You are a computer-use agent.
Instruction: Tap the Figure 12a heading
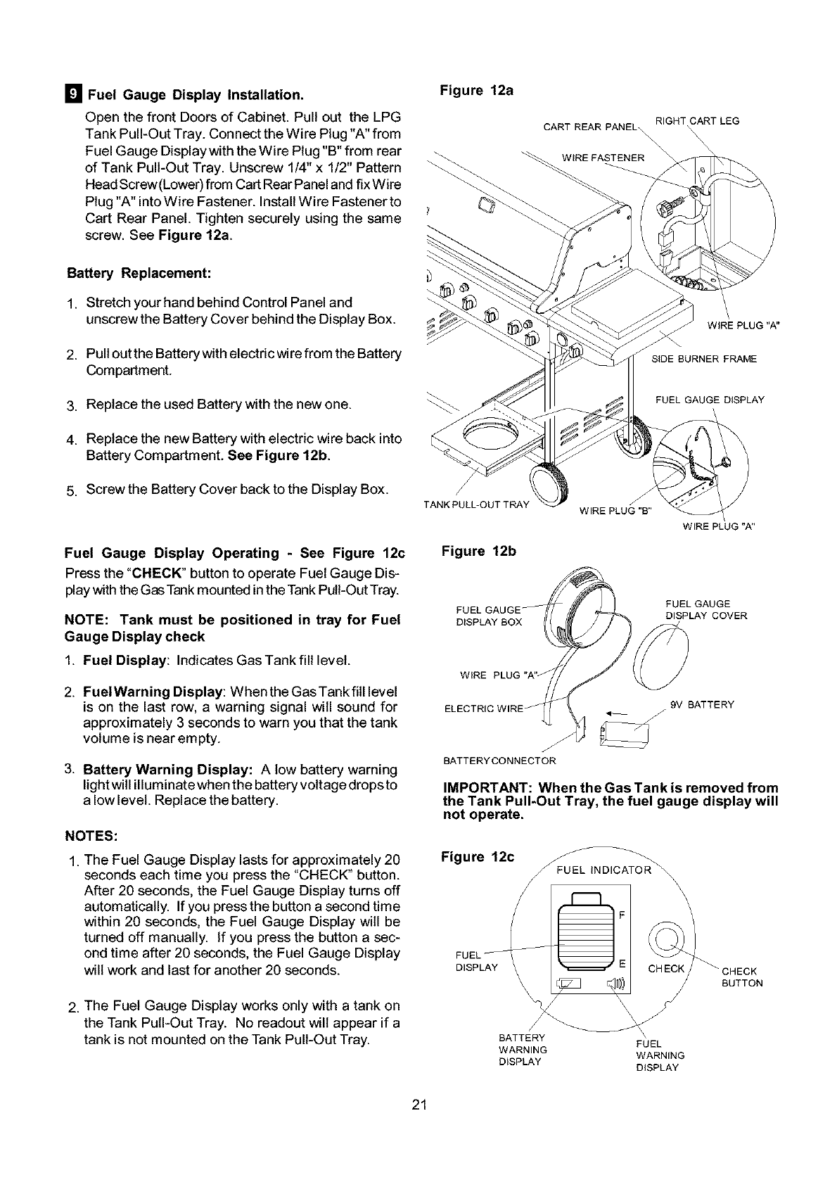(x=476, y=91)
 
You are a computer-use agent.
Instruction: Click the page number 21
(x=419, y=1104)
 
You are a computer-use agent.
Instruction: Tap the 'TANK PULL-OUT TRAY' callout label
(x=476, y=504)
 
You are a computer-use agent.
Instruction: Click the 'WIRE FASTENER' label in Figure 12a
(x=603, y=157)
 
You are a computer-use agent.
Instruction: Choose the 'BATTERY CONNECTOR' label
(x=499, y=761)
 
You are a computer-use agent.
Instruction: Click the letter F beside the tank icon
(x=621, y=915)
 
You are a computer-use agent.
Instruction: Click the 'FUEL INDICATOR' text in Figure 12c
(x=603, y=870)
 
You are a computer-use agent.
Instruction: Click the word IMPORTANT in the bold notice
(x=487, y=788)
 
